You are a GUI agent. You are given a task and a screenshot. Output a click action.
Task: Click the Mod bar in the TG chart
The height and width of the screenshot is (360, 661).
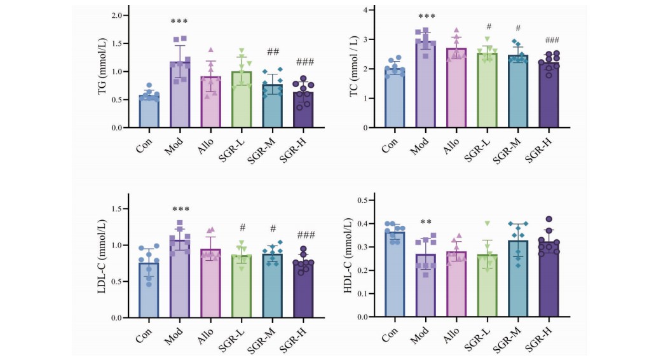coord(180,95)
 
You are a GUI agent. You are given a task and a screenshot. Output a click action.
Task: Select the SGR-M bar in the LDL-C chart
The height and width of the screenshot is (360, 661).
coord(273,286)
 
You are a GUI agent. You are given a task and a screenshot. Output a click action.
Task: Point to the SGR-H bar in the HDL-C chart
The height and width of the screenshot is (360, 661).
coord(549,279)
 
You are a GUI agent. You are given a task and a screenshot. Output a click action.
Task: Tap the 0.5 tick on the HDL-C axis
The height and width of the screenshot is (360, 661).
coord(364,200)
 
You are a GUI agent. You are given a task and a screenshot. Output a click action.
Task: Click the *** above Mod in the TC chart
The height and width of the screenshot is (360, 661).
coord(426,17)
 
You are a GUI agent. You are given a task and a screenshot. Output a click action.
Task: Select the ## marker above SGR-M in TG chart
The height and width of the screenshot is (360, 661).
coord(273,52)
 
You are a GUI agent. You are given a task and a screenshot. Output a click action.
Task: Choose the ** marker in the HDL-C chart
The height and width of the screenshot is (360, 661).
coord(426,222)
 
